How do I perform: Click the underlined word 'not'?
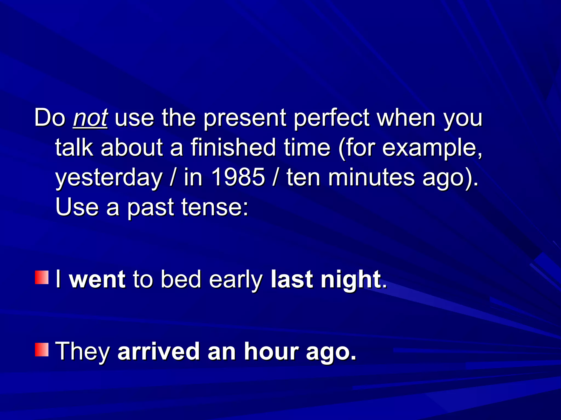[90, 118]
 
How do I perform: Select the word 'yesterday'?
[109, 178]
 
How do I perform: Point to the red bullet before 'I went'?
[42, 278]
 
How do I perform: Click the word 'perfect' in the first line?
[331, 118]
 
